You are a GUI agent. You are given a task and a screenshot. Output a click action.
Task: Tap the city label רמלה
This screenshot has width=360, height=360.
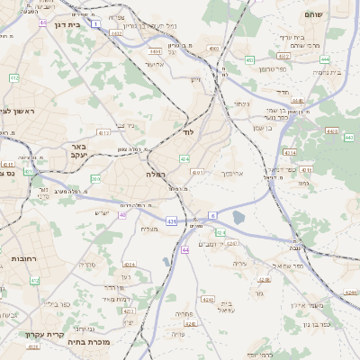[x=154, y=174]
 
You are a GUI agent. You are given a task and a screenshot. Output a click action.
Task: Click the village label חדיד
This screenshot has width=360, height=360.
[x=282, y=92]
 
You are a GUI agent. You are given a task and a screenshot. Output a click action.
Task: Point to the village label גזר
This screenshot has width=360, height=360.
[x=259, y=293]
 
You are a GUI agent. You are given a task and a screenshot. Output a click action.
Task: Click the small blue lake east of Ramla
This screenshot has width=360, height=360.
[x=238, y=217]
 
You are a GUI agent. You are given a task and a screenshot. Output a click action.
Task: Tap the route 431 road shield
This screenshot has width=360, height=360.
[x=171, y=220]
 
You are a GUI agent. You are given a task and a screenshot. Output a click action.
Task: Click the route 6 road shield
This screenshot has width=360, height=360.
[x=213, y=215]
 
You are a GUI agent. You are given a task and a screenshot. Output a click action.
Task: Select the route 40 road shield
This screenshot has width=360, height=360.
[x=122, y=215]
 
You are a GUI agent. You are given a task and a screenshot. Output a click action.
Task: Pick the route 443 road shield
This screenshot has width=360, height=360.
[x=348, y=137]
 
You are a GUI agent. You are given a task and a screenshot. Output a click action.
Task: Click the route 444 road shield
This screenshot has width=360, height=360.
[x=324, y=58]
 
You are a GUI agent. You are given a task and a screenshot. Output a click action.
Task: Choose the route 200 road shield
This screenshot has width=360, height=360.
[x=94, y=179]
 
